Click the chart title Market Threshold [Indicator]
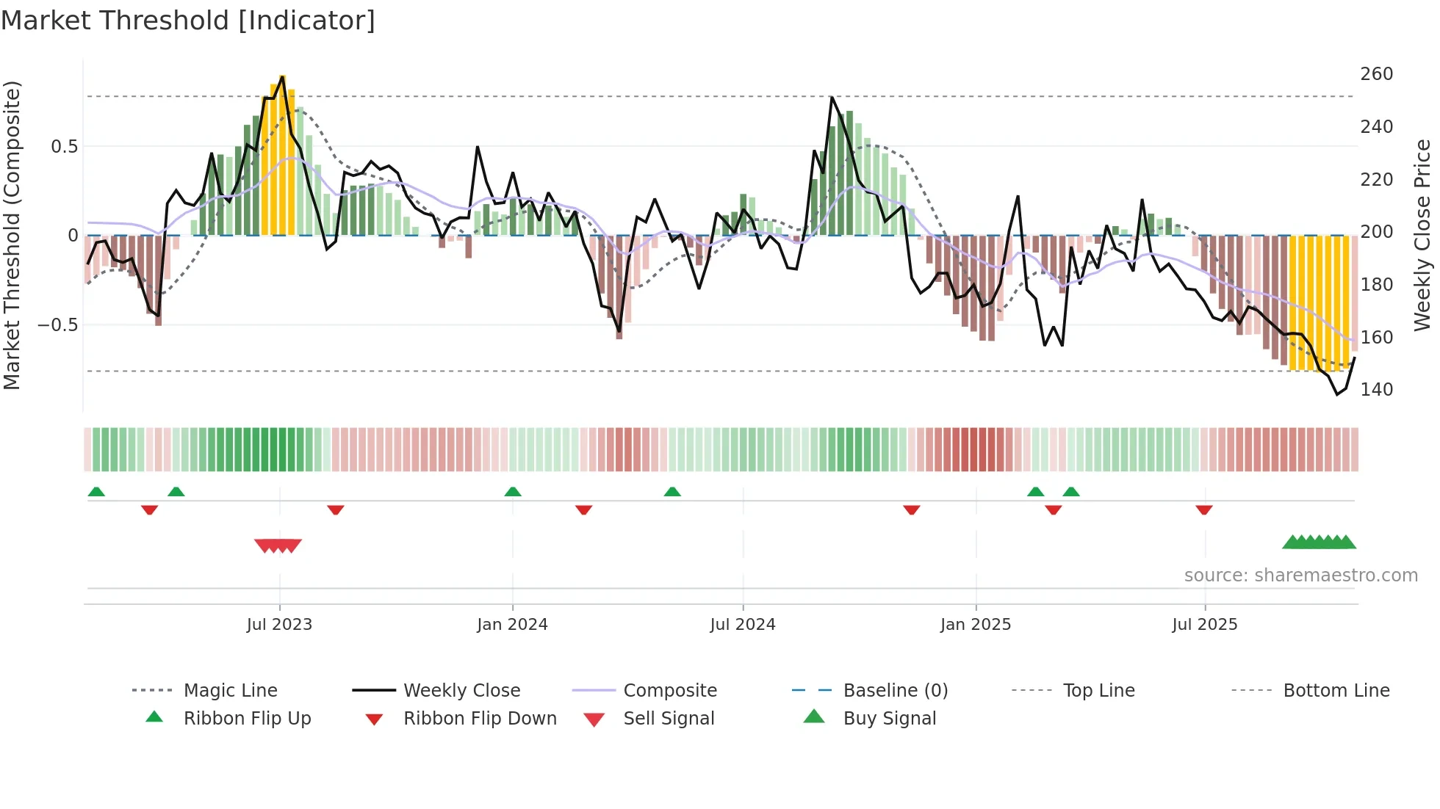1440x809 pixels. [x=188, y=20]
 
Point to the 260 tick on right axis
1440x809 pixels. [x=1376, y=74]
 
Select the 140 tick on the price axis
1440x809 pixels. [x=1376, y=390]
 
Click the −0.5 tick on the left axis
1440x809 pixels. [x=57, y=325]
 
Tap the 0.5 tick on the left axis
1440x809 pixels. [x=64, y=147]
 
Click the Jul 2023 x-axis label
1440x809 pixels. [x=279, y=625]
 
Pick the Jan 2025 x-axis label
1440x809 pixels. [x=975, y=625]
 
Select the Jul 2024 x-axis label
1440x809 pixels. [x=742, y=625]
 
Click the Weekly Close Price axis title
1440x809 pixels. [x=1422, y=235]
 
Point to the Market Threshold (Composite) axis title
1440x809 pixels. [x=12, y=235]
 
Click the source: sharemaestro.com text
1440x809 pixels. [x=1300, y=576]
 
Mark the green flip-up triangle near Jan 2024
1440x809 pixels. [x=513, y=492]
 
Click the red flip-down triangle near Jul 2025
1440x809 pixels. [x=1203, y=510]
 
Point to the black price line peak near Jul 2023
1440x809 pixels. [x=282, y=76]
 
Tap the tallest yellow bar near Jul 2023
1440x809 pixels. [x=282, y=154]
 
